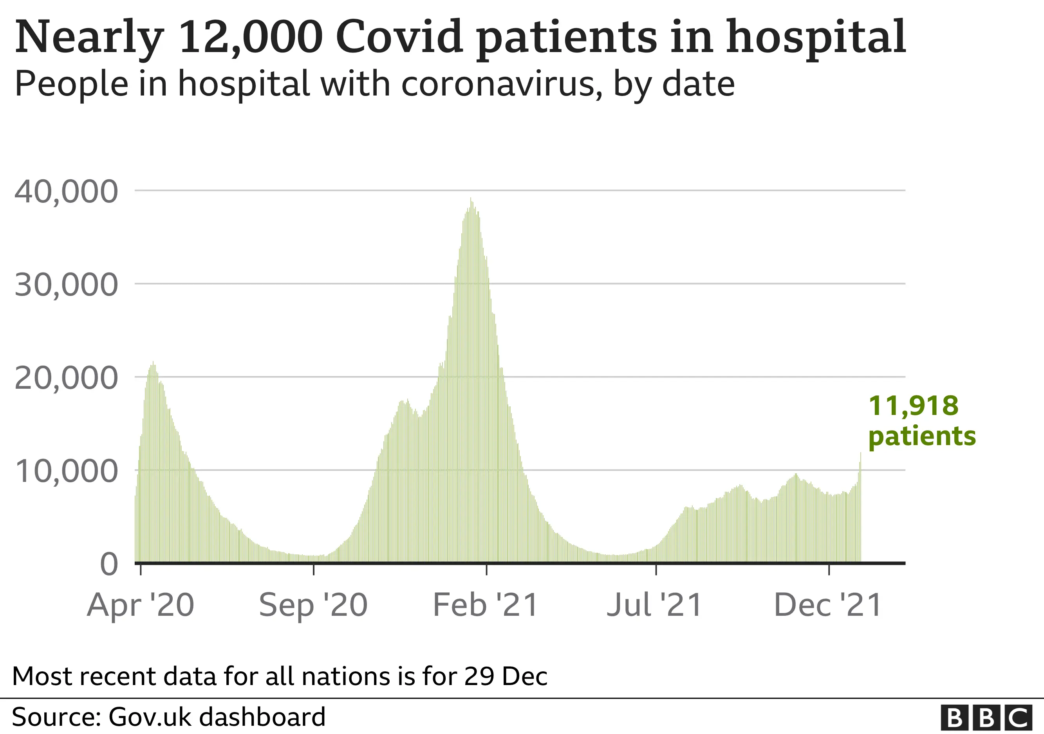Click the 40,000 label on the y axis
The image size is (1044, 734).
tap(67, 191)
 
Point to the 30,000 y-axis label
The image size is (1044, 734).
tap(67, 285)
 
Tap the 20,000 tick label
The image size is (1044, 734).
tap(67, 378)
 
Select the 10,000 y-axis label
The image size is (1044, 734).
tap(67, 471)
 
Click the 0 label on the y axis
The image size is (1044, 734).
tap(109, 564)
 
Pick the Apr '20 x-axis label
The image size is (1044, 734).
tap(141, 605)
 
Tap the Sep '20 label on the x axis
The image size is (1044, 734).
tap(313, 605)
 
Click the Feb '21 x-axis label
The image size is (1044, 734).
tap(486, 605)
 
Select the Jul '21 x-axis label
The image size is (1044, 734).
tap(655, 605)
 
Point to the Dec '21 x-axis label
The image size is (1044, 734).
tap(828, 605)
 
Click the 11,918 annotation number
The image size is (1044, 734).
tap(914, 406)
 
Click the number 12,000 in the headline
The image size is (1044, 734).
tap(251, 36)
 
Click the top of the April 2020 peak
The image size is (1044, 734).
tap(153, 362)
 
